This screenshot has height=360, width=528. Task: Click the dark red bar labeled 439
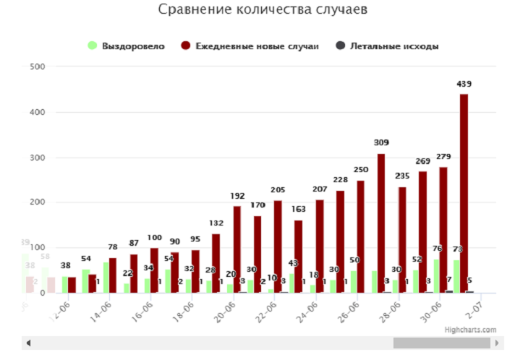point(464,194)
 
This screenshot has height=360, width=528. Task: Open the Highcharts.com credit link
point(471,330)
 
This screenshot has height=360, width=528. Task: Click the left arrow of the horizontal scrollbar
point(28,342)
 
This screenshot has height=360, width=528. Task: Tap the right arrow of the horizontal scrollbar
point(499,342)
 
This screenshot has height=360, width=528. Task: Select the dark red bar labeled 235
point(402,240)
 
